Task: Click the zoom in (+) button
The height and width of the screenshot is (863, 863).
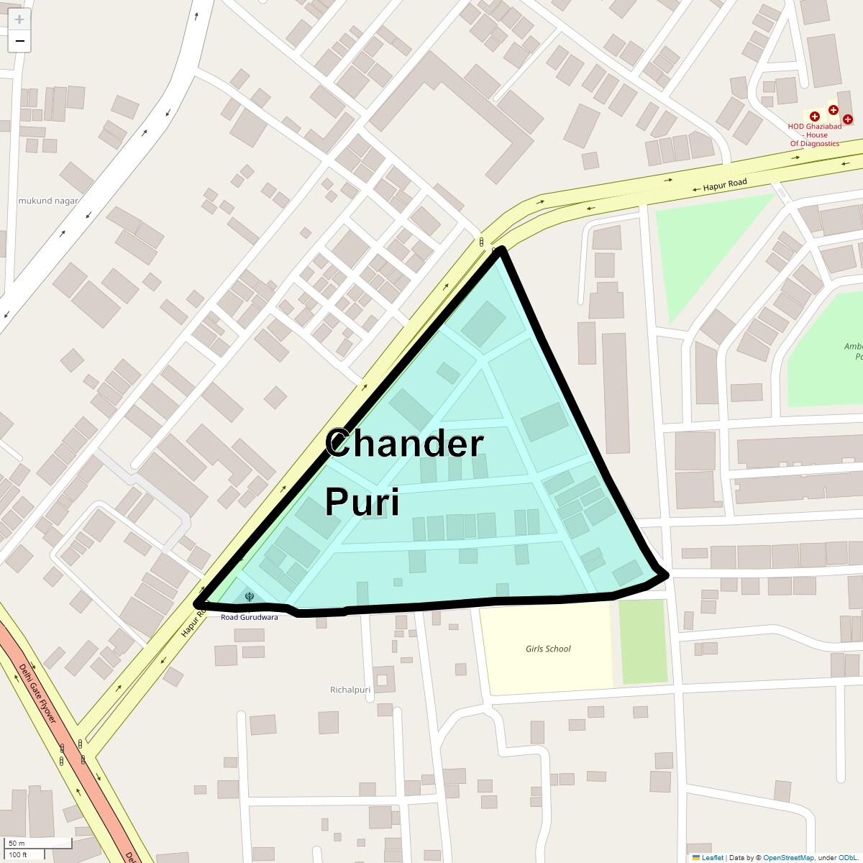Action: [x=19, y=19]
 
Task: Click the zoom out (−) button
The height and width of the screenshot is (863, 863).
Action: [x=19, y=41]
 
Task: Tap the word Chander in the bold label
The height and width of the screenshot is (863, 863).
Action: [x=404, y=444]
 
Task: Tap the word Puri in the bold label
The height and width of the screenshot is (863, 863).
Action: [x=362, y=501]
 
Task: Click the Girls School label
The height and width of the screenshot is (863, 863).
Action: [x=548, y=649]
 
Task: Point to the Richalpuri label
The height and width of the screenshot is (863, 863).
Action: [x=350, y=690]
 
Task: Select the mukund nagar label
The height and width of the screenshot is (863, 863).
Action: [x=47, y=201]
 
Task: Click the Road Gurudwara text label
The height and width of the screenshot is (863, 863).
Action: [x=249, y=617]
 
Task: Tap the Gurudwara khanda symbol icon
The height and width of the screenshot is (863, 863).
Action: [x=249, y=596]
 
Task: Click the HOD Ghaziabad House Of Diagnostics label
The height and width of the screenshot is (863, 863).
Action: [x=814, y=135]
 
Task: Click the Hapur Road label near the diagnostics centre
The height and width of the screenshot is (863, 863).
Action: [x=725, y=185]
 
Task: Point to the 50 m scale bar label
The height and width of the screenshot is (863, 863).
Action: [x=17, y=843]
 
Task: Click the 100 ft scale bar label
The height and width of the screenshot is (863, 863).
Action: [x=18, y=854]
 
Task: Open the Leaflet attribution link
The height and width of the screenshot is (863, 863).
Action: [x=712, y=857]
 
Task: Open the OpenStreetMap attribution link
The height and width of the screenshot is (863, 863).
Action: [x=788, y=857]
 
